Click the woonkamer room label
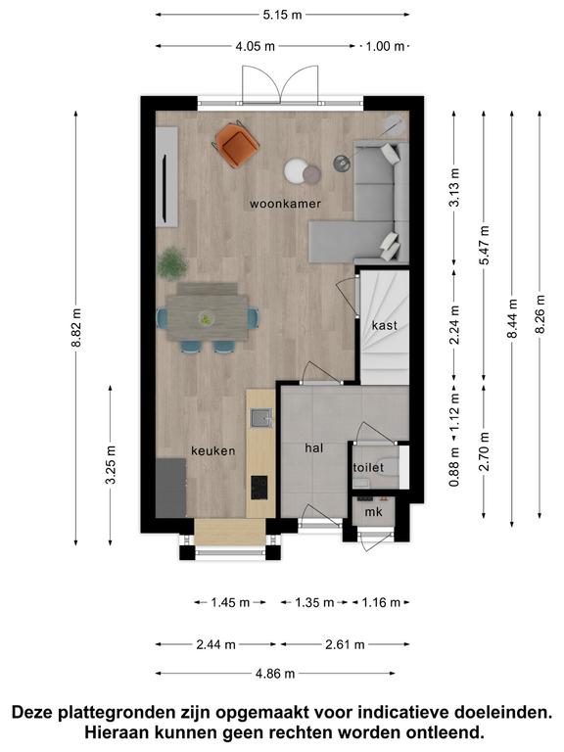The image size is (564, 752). pos(285,204)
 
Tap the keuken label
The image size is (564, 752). pos(212,450)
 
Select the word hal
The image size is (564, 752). pos(314,447)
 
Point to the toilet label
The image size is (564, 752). pos(368,467)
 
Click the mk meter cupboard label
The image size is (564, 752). pos(374,512)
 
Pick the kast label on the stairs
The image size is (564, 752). pos(385,326)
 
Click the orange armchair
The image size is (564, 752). pos(237,143)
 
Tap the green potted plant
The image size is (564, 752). pos(171,262)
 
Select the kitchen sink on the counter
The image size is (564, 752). pos(261,418)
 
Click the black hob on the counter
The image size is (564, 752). pos(259,488)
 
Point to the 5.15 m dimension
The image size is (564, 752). pos(282,15)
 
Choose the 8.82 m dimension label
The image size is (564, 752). pos(76,328)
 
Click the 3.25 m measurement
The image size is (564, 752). pos(111,465)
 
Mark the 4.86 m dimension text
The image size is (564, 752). pos(275,674)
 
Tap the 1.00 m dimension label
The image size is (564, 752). pos(385,47)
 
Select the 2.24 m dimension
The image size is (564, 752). pos(454,325)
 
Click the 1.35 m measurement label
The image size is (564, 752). pos(314,602)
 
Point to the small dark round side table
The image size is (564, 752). pos(342,164)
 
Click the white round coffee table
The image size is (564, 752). pos(296,170)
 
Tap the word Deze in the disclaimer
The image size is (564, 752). pos(32,712)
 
